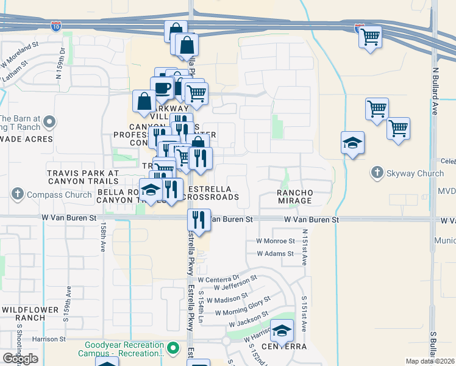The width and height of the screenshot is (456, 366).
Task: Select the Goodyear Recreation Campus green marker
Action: tap(174, 349)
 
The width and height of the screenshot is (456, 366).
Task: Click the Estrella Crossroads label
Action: tap(211, 193)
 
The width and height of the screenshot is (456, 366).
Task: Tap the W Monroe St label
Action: tap(275, 242)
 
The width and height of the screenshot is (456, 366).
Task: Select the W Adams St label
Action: tap(275, 254)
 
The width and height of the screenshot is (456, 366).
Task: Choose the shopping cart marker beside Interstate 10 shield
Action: tap(370, 37)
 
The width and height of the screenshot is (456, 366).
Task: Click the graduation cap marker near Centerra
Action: tap(282, 331)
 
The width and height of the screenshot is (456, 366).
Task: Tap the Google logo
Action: tap(20, 359)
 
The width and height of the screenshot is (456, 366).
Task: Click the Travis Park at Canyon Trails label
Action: tap(82, 177)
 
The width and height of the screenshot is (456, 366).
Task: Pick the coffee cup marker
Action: tap(162, 87)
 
